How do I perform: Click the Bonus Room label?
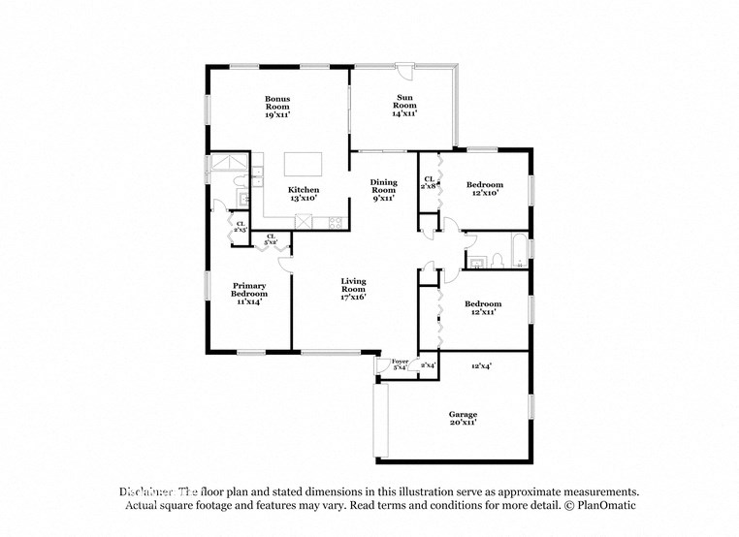pyautogui.click(x=277, y=106)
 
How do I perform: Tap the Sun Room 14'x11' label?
pyautogui.click(x=403, y=105)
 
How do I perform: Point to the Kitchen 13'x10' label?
pyautogui.click(x=304, y=194)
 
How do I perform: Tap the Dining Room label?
pyautogui.click(x=384, y=190)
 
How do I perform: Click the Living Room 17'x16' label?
pyautogui.click(x=353, y=290)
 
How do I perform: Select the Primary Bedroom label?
pyautogui.click(x=248, y=294)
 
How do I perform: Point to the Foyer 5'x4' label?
pyautogui.click(x=400, y=364)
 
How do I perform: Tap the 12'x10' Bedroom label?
pyautogui.click(x=484, y=189)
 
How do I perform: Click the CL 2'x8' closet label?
pyautogui.click(x=429, y=182)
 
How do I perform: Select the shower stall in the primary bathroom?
pyautogui.click(x=231, y=166)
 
